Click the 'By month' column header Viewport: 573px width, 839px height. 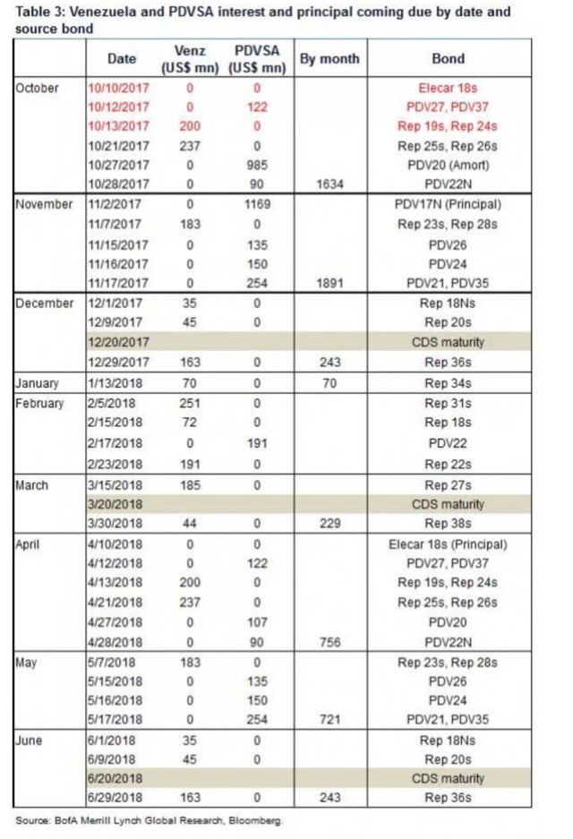pyautogui.click(x=329, y=59)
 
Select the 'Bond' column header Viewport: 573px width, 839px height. pyautogui.click(x=448, y=59)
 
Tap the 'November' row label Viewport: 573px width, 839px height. pyautogui.click(x=44, y=204)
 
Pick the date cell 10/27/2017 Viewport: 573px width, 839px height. pyautogui.click(x=118, y=165)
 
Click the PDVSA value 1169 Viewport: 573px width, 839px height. pyautogui.click(x=256, y=204)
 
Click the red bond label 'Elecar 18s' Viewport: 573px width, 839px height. pyautogui.click(x=448, y=89)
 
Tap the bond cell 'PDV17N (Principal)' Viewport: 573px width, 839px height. pyautogui.click(x=448, y=204)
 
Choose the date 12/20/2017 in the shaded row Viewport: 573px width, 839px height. pyautogui.click(x=118, y=343)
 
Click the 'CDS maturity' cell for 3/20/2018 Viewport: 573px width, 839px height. pyautogui.click(x=448, y=504)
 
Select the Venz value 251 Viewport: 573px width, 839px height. pyautogui.click(x=189, y=404)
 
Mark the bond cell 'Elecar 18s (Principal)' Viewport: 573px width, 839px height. pyautogui.click(x=448, y=544)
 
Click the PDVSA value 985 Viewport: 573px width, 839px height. pyautogui.click(x=256, y=165)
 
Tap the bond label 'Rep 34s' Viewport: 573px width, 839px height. pyautogui.click(x=448, y=384)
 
